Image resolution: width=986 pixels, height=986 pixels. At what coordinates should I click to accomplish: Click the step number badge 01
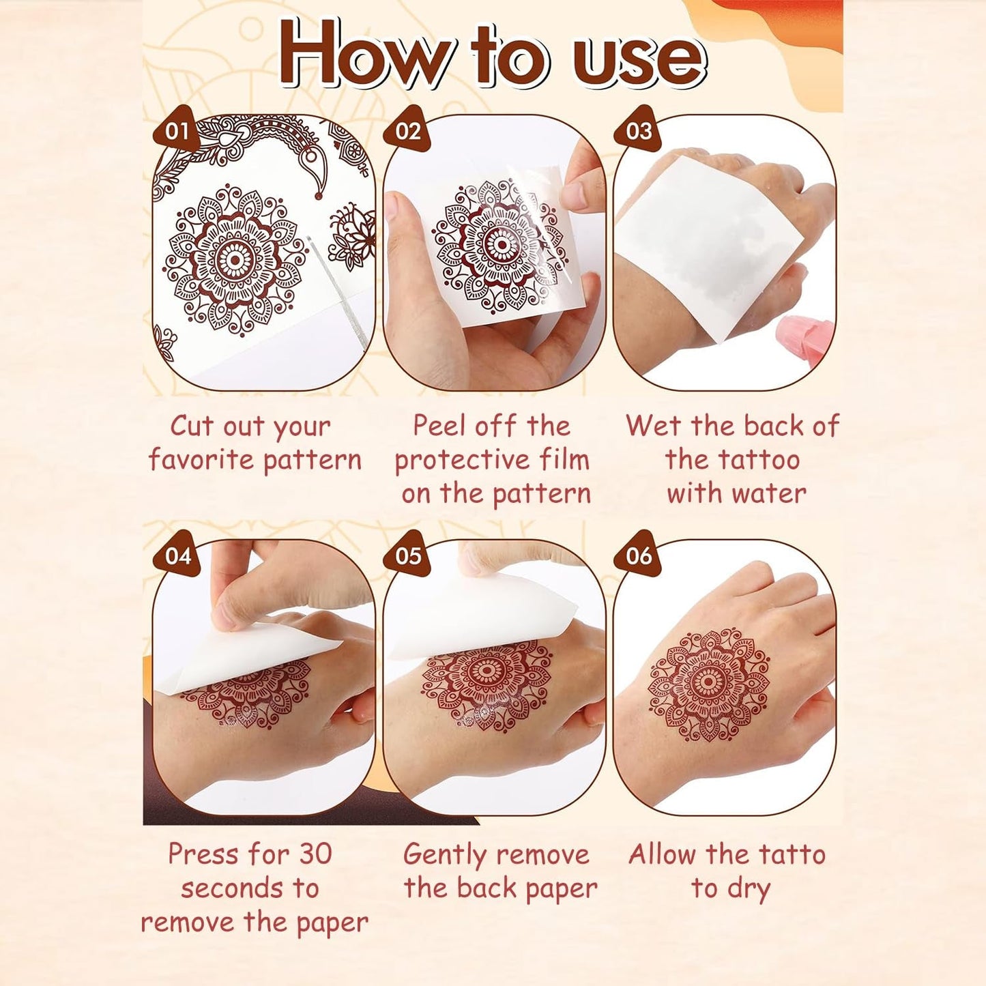177,130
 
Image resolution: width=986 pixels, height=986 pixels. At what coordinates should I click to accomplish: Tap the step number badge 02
407,130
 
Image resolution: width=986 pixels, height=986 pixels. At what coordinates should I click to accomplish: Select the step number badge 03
638,130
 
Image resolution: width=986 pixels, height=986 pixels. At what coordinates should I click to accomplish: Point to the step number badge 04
177,555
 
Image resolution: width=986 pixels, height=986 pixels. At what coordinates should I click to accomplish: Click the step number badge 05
408,555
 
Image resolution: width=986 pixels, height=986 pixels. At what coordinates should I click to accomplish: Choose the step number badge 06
639,555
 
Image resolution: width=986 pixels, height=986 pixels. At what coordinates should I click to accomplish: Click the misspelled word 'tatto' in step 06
792,854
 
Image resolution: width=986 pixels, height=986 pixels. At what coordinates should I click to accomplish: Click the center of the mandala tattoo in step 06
709,682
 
